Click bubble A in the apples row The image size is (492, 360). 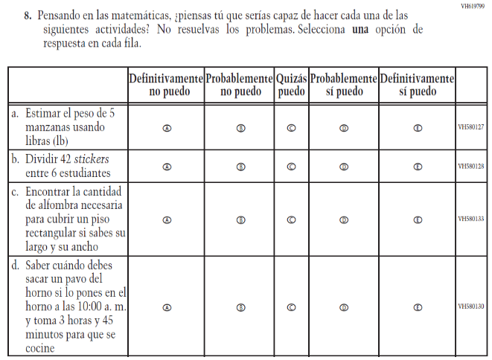click(x=167, y=127)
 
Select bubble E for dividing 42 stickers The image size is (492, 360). click(x=418, y=167)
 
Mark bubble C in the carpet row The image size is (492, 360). click(x=291, y=220)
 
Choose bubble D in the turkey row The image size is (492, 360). click(x=344, y=306)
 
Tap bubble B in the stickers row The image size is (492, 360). click(x=240, y=167)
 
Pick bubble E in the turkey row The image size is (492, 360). click(x=418, y=306)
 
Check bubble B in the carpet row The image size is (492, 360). click(x=240, y=220)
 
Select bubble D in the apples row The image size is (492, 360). click(x=344, y=127)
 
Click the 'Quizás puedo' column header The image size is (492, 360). click(x=291, y=86)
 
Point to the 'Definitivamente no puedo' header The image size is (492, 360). click(x=165, y=86)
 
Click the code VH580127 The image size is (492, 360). click(x=470, y=127)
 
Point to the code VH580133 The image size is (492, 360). click(x=470, y=220)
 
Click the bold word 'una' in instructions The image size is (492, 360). click(x=362, y=29)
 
